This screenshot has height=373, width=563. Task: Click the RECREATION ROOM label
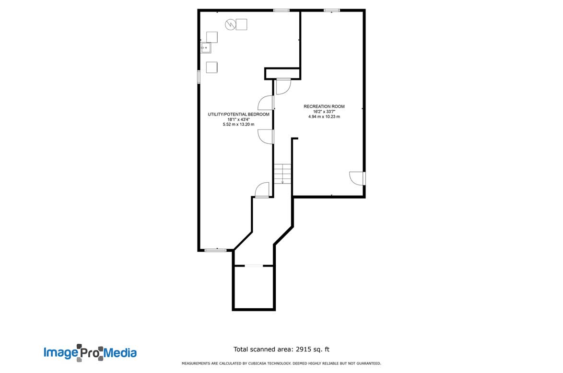point(324,106)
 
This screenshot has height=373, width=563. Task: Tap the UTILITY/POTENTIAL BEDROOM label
point(238,114)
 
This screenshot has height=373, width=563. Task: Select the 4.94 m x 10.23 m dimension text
point(324,117)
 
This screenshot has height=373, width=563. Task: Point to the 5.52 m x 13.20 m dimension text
point(238,125)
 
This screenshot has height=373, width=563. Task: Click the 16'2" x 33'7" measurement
point(324,112)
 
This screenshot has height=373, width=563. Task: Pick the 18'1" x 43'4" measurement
point(238,119)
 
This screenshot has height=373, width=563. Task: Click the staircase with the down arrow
point(283,174)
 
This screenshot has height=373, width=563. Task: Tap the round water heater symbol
point(230,24)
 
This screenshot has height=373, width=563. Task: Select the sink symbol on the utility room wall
point(206,48)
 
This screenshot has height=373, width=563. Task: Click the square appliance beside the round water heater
point(241,24)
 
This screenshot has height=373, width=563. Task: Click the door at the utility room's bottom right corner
point(262,190)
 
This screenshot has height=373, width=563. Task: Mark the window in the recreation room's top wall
point(331,11)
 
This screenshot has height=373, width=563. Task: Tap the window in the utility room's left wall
point(199,77)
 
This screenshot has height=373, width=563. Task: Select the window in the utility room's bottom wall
point(215,250)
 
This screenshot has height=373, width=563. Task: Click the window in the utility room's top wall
point(281,11)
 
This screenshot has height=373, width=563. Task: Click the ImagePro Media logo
point(90,352)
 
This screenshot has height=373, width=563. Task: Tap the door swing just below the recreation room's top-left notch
point(283,86)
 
